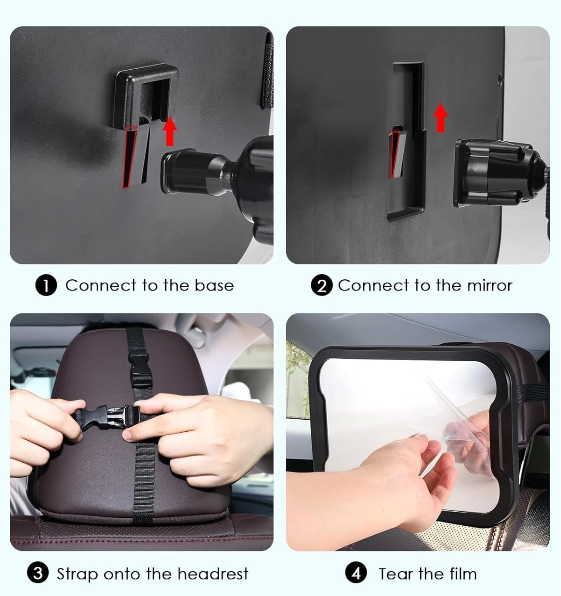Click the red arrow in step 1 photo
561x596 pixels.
tap(170, 131)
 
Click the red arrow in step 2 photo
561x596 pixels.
tap(440, 117)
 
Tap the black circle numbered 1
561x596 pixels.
tap(46, 285)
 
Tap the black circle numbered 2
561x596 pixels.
tap(322, 285)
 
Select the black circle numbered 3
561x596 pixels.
tap(38, 573)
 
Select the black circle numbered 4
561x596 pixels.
tap(356, 573)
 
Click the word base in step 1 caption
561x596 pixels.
tap(214, 285)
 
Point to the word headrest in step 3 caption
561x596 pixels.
tap(213, 573)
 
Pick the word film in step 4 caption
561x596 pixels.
tap(463, 573)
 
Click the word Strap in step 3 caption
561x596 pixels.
tap(77, 574)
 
